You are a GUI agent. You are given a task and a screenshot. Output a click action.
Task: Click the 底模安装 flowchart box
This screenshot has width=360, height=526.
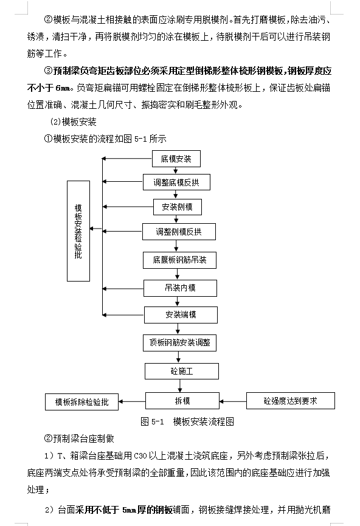176,159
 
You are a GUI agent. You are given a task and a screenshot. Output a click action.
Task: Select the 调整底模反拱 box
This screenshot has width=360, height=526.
176,182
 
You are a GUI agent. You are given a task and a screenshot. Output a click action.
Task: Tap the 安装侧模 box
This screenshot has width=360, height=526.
178,207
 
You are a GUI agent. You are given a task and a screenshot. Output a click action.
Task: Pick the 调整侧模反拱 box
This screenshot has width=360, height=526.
179,232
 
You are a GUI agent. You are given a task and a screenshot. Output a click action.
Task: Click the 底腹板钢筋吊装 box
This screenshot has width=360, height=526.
179,260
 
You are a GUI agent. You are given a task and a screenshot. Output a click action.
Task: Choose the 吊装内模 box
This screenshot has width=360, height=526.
180,288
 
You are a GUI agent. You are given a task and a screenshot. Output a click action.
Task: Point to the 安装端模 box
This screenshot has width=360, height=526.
181,314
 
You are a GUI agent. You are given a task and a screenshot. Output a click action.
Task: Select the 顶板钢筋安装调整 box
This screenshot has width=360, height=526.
179,343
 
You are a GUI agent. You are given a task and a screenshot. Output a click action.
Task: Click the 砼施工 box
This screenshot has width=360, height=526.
182,371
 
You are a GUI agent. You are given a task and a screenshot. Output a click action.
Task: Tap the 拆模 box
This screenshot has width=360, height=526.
182,401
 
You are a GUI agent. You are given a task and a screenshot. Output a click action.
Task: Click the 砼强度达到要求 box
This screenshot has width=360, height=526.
291,401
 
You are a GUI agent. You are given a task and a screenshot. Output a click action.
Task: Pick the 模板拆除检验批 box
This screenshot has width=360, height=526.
82,402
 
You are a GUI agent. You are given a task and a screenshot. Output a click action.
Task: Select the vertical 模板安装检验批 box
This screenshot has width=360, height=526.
78,231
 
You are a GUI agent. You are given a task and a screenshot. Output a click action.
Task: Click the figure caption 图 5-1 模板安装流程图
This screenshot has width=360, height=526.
187,421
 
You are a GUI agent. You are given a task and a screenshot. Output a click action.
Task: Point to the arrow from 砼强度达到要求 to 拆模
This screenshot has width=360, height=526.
233,401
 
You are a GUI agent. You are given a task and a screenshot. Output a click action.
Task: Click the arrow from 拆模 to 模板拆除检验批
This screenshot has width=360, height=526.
132,401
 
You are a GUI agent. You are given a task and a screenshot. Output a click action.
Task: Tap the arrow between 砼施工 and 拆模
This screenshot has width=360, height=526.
181,386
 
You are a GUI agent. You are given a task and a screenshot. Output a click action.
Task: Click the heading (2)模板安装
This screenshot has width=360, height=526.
73,122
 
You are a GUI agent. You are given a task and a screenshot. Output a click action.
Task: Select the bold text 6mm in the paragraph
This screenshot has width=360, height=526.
63,88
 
